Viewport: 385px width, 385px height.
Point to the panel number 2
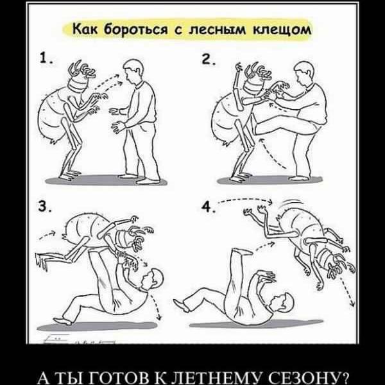[x=207, y=60]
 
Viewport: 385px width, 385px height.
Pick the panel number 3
[x=44, y=206]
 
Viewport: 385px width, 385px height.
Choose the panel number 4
[x=207, y=206]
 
